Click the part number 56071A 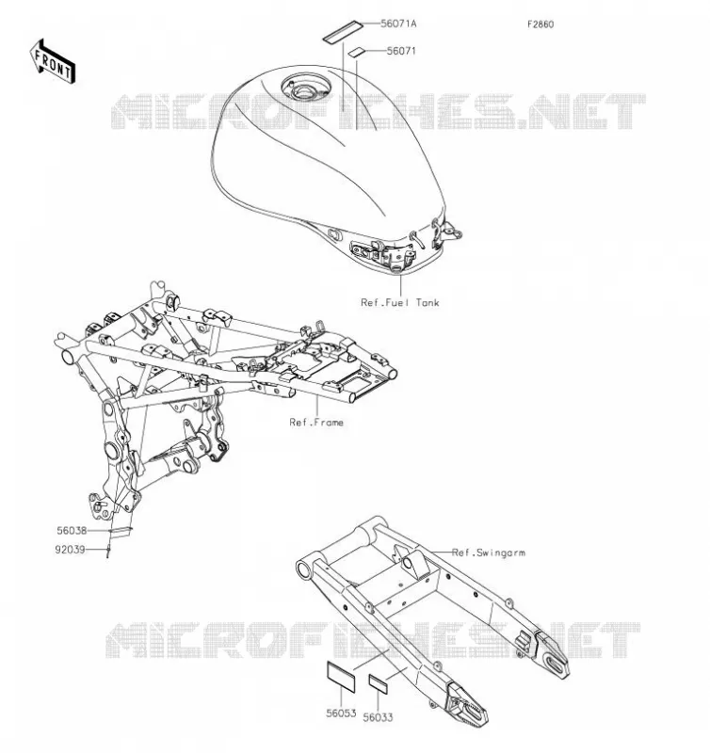coord(398,23)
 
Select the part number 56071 coord(401,51)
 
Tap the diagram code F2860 coord(541,24)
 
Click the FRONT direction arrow coord(53,62)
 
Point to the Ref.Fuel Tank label coord(400,302)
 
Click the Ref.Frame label coord(316,422)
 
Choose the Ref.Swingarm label coord(489,553)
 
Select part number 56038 coord(72,531)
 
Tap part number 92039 coord(70,550)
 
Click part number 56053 coord(341,713)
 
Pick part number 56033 coord(378,717)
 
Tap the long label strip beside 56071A coord(342,32)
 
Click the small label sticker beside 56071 coord(357,52)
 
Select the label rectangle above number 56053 coord(341,677)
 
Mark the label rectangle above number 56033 coord(378,683)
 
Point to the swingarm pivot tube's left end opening coord(304,569)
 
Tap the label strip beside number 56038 coord(121,531)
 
